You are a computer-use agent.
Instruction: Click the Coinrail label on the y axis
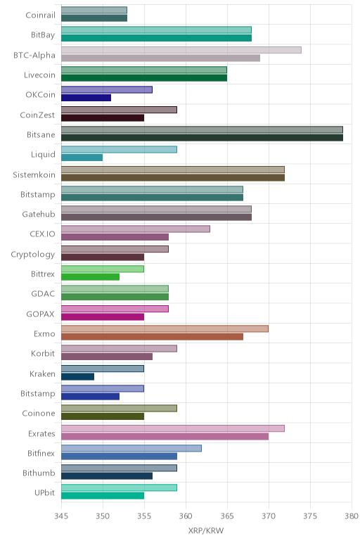(x=40, y=15)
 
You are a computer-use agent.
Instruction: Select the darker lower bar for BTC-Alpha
(x=160, y=58)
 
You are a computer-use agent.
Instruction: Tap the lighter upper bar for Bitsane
(x=202, y=130)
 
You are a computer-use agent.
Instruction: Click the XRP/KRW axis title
(x=206, y=530)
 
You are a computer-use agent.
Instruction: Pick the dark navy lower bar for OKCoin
(x=86, y=98)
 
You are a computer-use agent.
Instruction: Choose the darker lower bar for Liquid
(x=82, y=158)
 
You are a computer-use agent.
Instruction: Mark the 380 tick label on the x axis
(x=352, y=516)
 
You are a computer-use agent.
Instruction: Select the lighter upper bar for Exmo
(x=165, y=328)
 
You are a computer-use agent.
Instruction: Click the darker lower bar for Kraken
(x=78, y=376)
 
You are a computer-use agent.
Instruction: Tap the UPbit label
(x=45, y=493)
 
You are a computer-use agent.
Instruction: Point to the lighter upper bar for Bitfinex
(x=131, y=449)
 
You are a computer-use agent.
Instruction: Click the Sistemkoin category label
(x=34, y=174)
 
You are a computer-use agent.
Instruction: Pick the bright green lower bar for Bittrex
(x=90, y=277)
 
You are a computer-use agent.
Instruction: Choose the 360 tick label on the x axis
(x=186, y=516)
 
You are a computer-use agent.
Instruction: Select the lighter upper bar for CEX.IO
(x=136, y=229)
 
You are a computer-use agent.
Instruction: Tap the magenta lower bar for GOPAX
(x=103, y=317)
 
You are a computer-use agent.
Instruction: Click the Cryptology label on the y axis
(x=33, y=255)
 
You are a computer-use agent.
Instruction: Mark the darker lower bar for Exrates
(x=165, y=436)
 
